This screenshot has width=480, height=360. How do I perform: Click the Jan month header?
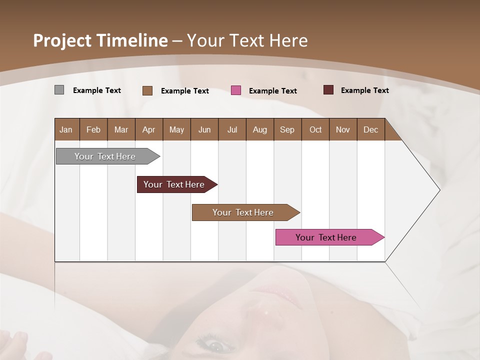point(66,130)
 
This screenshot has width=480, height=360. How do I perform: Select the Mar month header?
point(121,130)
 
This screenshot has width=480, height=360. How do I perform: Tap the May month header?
point(176,130)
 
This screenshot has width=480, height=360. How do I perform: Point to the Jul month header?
point(232,130)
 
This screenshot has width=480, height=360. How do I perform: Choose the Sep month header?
point(287,130)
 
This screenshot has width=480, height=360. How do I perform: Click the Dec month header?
point(370,130)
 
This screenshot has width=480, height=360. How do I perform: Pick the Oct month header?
point(315,130)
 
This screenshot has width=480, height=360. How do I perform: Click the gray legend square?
point(59,90)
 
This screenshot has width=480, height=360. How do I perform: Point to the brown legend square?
point(147,90)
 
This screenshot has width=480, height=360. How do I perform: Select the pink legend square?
point(236,90)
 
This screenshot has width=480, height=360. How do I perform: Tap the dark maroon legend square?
point(328,90)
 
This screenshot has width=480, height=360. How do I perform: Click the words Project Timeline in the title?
point(100,40)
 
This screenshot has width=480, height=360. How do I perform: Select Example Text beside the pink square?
point(272,91)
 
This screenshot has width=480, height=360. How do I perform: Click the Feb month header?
point(93,130)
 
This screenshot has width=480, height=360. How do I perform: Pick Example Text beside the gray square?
point(96,90)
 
